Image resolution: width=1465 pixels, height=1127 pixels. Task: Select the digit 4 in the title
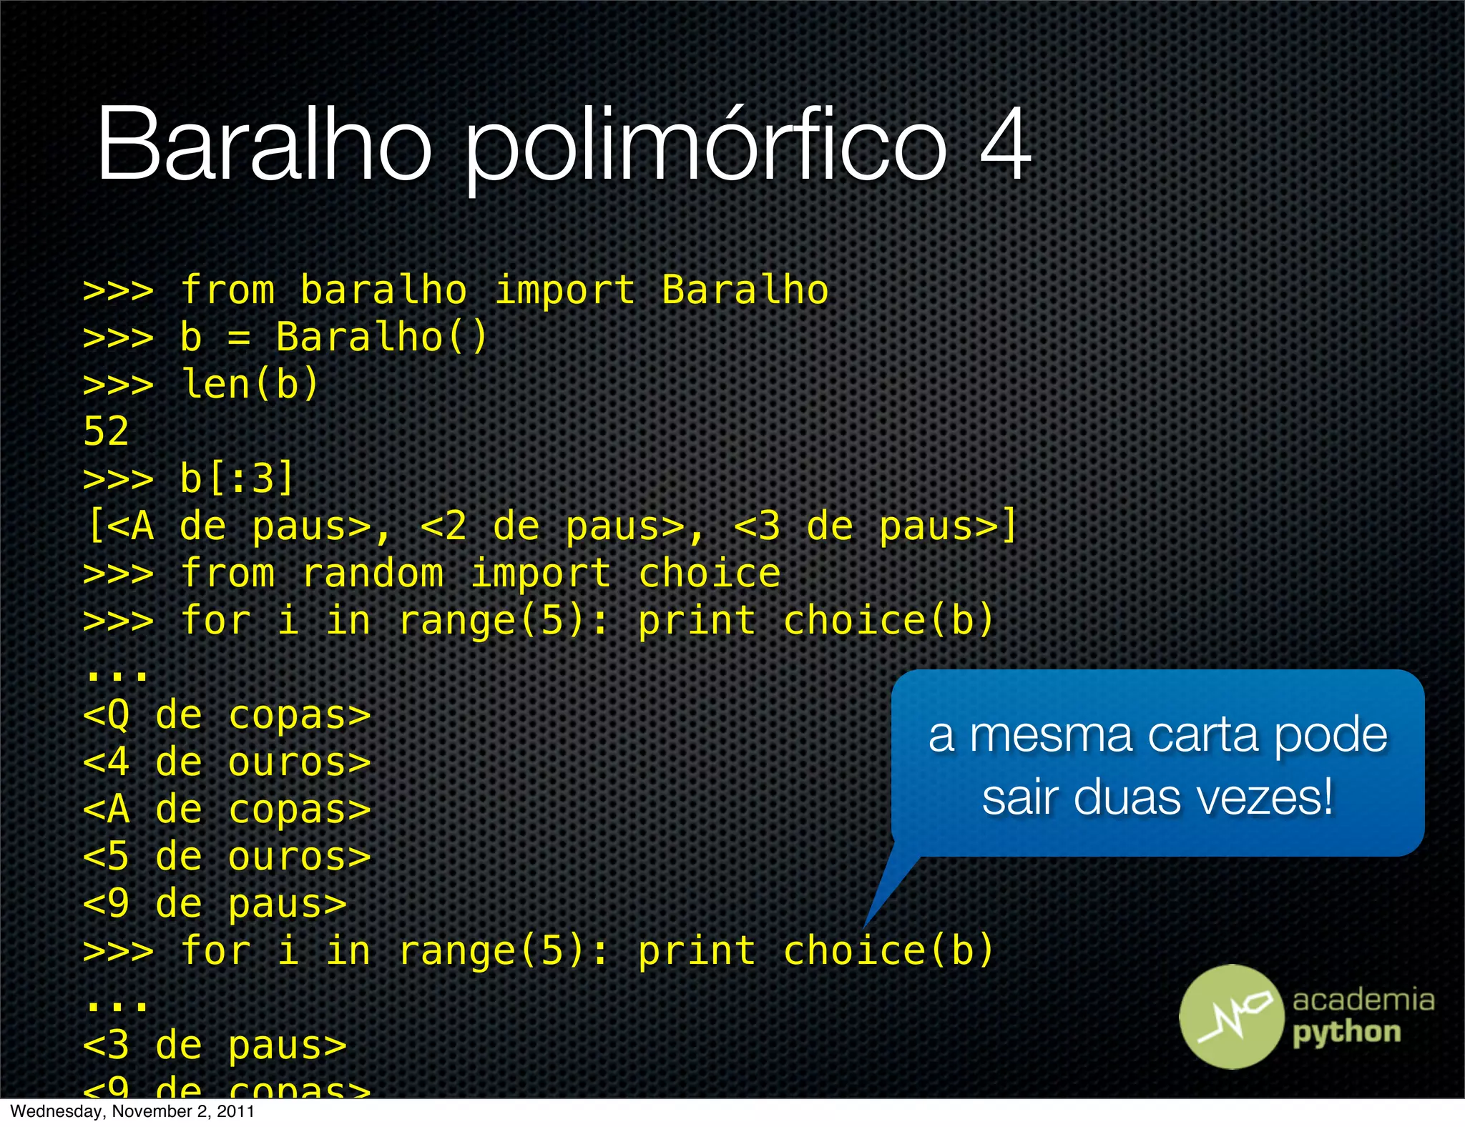pyautogui.click(x=1005, y=143)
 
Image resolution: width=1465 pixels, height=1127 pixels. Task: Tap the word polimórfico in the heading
pyautogui.click(x=705, y=147)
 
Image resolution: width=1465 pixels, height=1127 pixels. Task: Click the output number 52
pyautogui.click(x=106, y=432)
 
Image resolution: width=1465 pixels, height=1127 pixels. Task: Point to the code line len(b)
pyautogui.click(x=249, y=385)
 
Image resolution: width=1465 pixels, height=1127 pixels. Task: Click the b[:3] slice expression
pyautogui.click(x=236, y=478)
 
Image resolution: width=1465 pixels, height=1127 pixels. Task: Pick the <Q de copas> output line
pyautogui.click(x=227, y=715)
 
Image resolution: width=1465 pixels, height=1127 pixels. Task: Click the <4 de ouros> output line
pyautogui.click(x=227, y=762)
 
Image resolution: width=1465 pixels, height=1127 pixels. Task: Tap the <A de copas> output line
pyautogui.click(x=227, y=809)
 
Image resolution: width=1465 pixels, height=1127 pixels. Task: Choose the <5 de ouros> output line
pyautogui.click(x=227, y=857)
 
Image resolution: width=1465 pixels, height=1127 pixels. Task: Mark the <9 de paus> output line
pyautogui.click(x=215, y=904)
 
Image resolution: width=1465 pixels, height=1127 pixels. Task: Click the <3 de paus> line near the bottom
pyautogui.click(x=215, y=1045)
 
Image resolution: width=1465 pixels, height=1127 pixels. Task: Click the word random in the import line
pyautogui.click(x=372, y=574)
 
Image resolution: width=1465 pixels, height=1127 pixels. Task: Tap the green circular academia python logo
pyautogui.click(x=1231, y=1016)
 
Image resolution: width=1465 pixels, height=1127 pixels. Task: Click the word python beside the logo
pyautogui.click(x=1346, y=1033)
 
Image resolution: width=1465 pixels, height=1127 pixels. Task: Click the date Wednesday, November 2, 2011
pyautogui.click(x=132, y=1112)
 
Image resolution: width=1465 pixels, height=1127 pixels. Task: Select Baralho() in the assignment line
pyautogui.click(x=381, y=337)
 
